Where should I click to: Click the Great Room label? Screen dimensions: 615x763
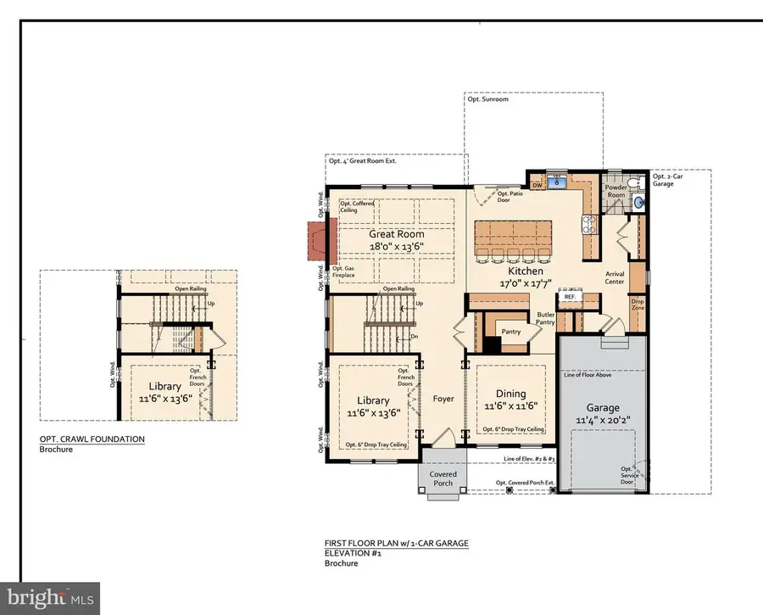click(396, 234)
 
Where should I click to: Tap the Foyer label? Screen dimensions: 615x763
click(443, 399)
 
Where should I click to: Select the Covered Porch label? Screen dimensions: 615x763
click(443, 479)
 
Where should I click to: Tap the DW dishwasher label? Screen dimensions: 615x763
click(537, 183)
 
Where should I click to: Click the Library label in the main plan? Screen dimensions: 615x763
click(373, 400)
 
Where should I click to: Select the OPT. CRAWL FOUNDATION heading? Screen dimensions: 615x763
click(92, 439)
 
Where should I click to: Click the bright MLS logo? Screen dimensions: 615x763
click(52, 596)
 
